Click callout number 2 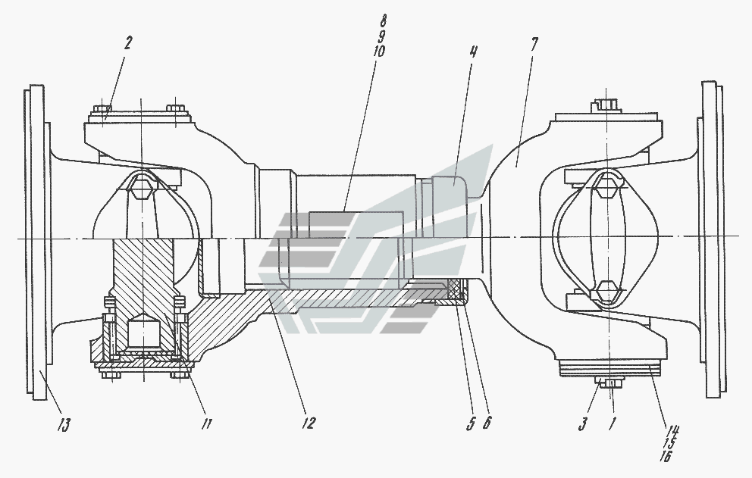(127, 43)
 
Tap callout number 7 (534, 44)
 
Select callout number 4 (473, 52)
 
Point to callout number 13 (64, 425)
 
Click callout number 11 (207, 423)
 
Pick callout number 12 (309, 423)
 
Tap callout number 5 (472, 423)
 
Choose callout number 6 (487, 423)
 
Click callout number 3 (583, 423)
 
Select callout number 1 (612, 423)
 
